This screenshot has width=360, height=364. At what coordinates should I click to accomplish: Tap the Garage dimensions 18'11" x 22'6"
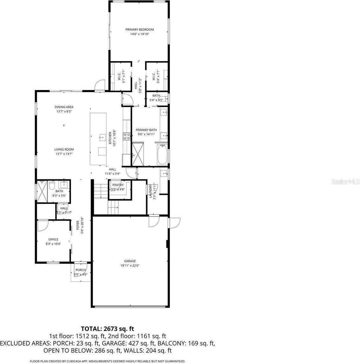pos(130,265)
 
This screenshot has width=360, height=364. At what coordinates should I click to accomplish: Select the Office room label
pos(53,239)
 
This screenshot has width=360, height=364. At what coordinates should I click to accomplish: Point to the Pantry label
pos(118,185)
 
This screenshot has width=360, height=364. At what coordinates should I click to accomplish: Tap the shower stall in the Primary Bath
pos(138,154)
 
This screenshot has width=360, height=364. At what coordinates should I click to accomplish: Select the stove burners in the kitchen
pos(127,137)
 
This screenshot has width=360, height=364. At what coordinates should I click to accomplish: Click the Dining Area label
pos(64,107)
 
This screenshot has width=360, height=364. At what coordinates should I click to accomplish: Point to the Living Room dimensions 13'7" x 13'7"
pos(64,154)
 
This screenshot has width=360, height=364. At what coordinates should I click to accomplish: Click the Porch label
pos(80,270)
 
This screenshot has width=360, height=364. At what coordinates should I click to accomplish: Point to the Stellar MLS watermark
pos(345,182)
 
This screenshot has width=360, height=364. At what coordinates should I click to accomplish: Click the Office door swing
pos(42,226)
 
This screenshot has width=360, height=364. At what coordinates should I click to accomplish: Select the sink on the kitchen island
pos(102,137)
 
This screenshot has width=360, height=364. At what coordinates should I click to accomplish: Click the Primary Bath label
pos(146,130)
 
